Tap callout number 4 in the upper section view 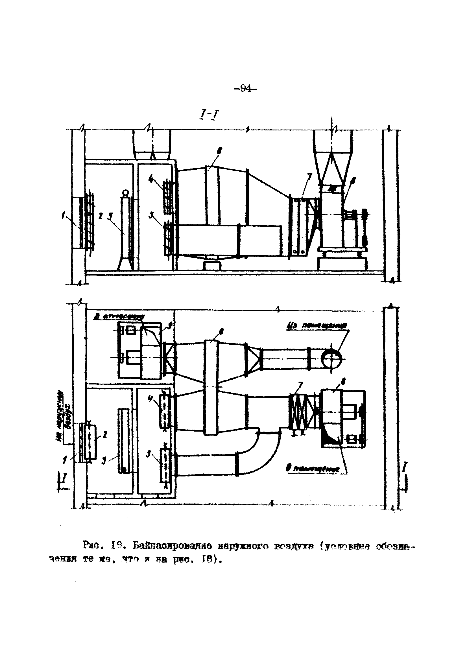tap(150, 179)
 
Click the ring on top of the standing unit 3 tap(125, 193)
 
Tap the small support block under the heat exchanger tap(212, 266)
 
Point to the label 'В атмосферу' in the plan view tap(116, 318)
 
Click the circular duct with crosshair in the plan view tap(331, 359)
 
